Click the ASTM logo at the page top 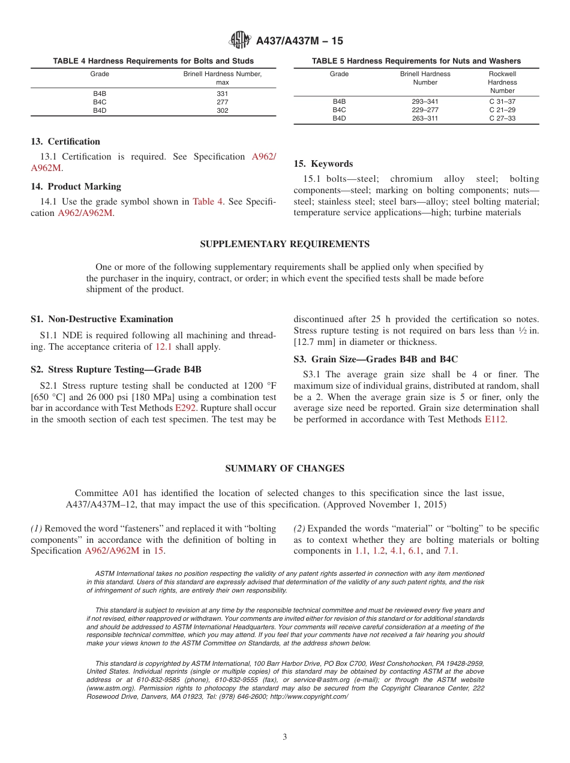pos(240,40)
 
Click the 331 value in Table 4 pos(222,94)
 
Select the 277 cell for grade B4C pos(222,102)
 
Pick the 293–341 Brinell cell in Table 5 pos(425,101)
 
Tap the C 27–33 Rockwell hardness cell pos(502,118)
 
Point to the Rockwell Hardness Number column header pos(502,82)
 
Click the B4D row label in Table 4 pos(100,110)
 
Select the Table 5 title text pos(416,61)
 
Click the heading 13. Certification pos(65,142)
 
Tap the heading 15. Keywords pos(323,164)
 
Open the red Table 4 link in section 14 pos(207,202)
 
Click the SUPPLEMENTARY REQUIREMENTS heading pos(284,244)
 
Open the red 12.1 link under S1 pos(164,347)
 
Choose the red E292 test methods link pos(185,408)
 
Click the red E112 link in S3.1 pos(495,419)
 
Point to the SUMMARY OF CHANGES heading pos(284,468)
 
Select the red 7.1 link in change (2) pos(450,551)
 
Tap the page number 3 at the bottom pos(285,737)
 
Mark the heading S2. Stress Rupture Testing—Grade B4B pos(120,369)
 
